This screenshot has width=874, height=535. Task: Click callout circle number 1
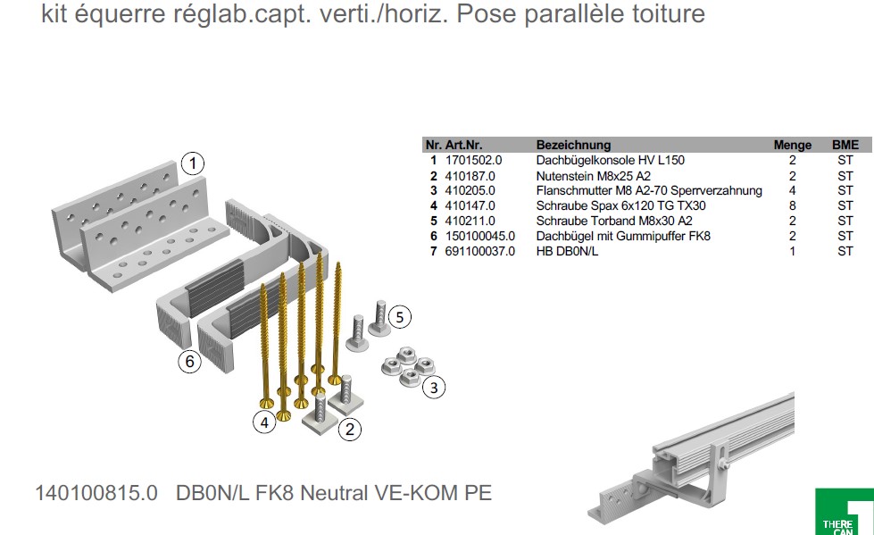(193, 163)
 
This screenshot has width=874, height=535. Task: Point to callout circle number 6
(188, 363)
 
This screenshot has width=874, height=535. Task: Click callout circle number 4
(263, 423)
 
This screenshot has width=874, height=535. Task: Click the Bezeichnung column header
(573, 145)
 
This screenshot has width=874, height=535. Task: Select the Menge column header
(792, 145)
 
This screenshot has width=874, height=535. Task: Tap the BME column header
(845, 145)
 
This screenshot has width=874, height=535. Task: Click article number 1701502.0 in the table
(473, 160)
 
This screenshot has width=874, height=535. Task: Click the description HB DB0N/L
(567, 252)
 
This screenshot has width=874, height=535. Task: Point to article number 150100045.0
(479, 237)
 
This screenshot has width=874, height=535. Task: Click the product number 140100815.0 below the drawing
(96, 493)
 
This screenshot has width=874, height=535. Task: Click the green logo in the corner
(844, 512)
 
